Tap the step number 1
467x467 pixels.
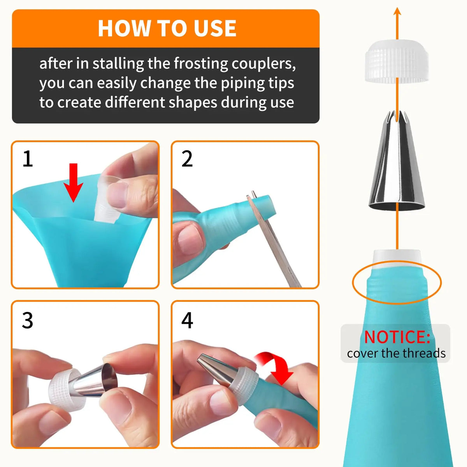click(x=28, y=159)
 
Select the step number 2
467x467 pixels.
click(x=187, y=159)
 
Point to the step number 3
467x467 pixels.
click(x=28, y=321)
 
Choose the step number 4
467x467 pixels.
click(x=187, y=321)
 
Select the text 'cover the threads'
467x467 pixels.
click(x=396, y=353)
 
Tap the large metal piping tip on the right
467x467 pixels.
click(x=397, y=163)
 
